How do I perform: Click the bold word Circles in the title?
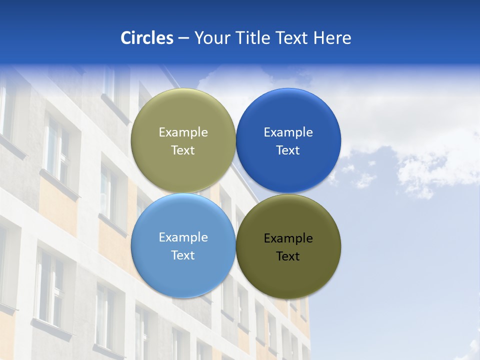146,38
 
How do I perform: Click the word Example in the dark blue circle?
288,132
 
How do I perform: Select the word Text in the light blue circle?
183,255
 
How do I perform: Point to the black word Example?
288,238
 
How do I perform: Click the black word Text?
288,256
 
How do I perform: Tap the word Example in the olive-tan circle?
183,132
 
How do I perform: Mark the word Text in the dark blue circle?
288,150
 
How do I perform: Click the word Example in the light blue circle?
183,237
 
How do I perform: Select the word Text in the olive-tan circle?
183,150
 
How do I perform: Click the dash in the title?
183,38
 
